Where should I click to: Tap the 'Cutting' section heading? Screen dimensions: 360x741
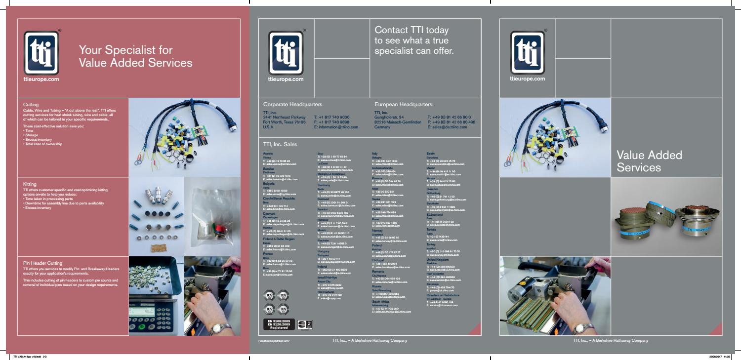click(x=31, y=105)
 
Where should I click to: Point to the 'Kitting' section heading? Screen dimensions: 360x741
click(x=30, y=184)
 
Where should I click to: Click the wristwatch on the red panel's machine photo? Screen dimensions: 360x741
click(x=216, y=328)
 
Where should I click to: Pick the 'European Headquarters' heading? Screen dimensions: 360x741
click(x=403, y=105)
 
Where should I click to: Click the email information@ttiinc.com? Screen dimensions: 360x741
click(x=336, y=127)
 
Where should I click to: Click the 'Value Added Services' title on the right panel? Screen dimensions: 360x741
click(x=649, y=161)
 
